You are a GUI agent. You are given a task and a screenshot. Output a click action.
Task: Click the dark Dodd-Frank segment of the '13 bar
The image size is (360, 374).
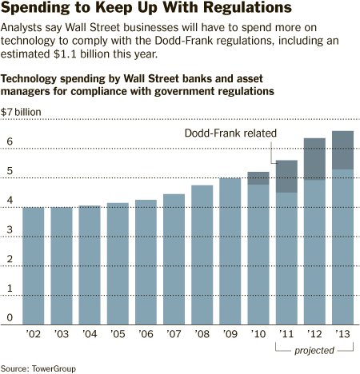click(x=342, y=150)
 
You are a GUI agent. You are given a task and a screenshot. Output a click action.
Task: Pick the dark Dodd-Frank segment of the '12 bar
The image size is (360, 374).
click(x=314, y=159)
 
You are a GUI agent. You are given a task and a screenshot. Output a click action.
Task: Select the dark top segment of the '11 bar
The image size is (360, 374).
click(x=286, y=177)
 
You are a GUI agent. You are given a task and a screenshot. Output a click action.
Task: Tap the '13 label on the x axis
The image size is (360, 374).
click(x=342, y=334)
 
